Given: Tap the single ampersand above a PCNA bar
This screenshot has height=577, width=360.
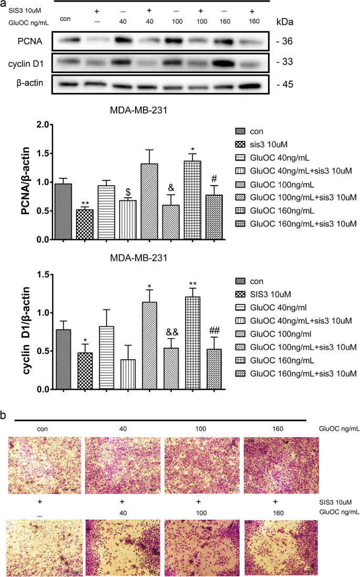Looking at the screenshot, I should [x=171, y=187].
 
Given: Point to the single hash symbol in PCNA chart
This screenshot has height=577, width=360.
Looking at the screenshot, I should [x=214, y=177].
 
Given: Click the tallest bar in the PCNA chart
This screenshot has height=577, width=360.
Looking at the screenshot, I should [x=192, y=200].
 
